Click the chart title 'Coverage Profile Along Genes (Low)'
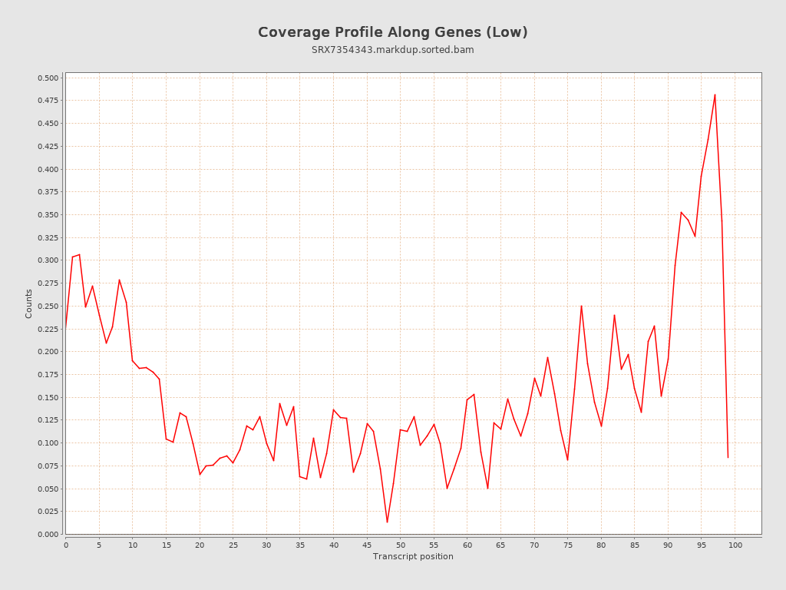[x=392, y=32]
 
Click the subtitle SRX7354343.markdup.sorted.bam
[x=392, y=50]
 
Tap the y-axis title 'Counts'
[x=29, y=303]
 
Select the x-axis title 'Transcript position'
[x=413, y=557]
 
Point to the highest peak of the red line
[x=715, y=94]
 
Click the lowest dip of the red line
[x=387, y=522]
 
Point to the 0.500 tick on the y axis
[x=48, y=78]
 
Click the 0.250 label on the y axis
[x=48, y=306]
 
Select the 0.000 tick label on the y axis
[x=48, y=534]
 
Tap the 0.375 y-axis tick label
[x=48, y=192]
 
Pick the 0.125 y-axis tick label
[x=48, y=420]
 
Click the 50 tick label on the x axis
[x=401, y=545]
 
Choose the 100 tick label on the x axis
[x=735, y=545]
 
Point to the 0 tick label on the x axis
[x=66, y=545]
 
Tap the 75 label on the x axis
[x=568, y=545]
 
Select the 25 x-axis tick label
[x=233, y=545]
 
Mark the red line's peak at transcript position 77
[x=581, y=306]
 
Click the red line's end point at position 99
[x=728, y=458]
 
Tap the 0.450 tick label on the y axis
[x=48, y=124]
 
